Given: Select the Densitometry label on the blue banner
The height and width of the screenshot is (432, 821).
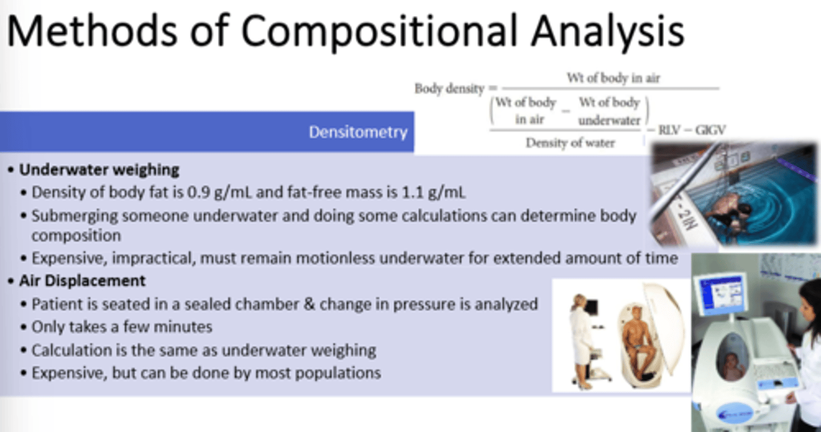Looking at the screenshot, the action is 358,132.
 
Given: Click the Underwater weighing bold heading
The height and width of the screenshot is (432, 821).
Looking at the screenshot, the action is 99,170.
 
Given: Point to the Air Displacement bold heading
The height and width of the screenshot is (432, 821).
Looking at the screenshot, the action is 83,281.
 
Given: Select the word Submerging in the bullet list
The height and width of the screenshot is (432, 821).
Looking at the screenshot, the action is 75,216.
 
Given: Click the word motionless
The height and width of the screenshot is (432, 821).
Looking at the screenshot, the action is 335,258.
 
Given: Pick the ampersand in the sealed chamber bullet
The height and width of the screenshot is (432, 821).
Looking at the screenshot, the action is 310,304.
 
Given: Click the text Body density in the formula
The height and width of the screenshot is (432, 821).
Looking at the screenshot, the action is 450,88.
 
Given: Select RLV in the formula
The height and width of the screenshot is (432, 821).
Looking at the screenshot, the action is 669,130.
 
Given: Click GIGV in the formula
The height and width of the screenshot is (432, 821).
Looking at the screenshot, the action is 710,130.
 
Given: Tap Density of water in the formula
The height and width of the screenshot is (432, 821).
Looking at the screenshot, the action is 570,143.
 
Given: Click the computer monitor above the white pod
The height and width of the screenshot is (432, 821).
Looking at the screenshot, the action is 720,293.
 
